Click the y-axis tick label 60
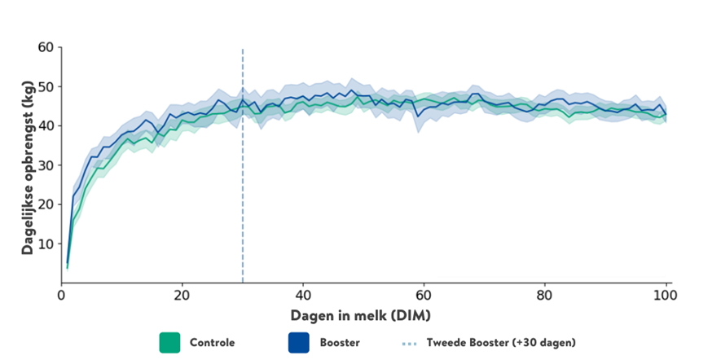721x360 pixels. coord(46,47)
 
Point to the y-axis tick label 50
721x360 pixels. coord(46,86)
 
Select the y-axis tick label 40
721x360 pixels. coord(46,125)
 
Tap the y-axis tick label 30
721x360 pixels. coord(46,165)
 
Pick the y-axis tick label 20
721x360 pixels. coord(46,204)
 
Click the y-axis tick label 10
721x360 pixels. coord(46,244)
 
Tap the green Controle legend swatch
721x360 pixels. coord(169,342)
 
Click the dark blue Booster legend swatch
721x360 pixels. coord(299,342)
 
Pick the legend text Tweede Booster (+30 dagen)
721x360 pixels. coord(501,343)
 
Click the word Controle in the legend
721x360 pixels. coord(212,343)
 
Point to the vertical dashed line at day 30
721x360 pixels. coord(243,163)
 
